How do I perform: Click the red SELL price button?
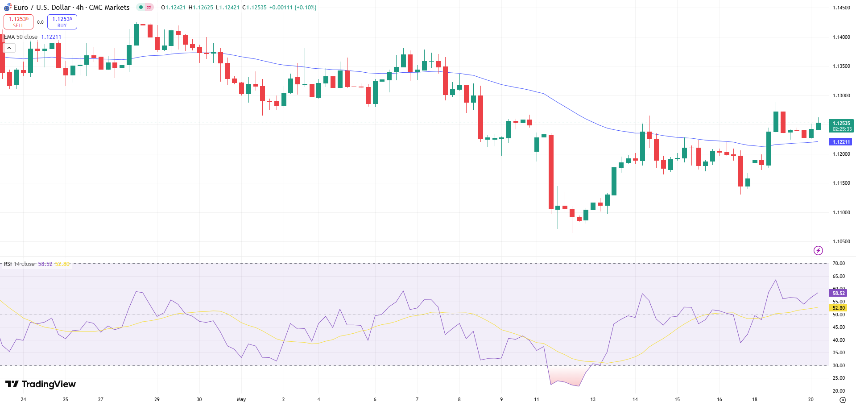(18, 22)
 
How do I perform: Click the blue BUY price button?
(62, 22)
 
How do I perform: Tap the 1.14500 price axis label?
(841, 8)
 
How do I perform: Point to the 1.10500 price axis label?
(841, 241)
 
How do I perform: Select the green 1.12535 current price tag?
(841, 126)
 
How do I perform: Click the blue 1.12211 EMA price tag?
(841, 142)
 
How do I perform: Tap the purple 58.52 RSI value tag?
(838, 293)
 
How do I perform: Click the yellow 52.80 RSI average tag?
(838, 308)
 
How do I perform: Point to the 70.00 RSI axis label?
(839, 264)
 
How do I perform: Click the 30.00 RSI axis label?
(839, 365)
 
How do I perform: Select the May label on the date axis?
(241, 399)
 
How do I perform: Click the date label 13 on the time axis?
(593, 399)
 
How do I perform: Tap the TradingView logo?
(41, 384)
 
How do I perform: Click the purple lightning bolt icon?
(818, 250)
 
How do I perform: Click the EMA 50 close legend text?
(21, 37)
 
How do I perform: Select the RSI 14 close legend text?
(19, 264)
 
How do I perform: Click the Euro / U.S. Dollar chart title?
(71, 8)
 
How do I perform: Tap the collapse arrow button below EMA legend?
(9, 48)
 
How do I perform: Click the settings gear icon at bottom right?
(843, 400)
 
